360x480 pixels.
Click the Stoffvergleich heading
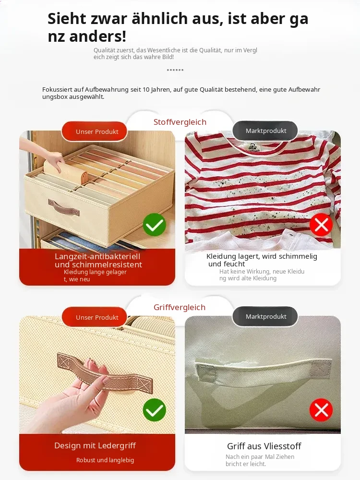(180, 122)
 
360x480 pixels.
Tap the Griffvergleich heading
(180, 307)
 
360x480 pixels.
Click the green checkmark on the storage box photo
(154, 225)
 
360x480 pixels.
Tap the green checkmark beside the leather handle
(154, 410)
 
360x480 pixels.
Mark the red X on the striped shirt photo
(321, 225)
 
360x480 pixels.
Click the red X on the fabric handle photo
(321, 410)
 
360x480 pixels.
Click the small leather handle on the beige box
(64, 207)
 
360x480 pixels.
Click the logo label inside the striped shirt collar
(252, 147)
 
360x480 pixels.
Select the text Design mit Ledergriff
(95, 446)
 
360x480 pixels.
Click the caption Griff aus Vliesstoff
(264, 446)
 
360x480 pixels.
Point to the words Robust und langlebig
(105, 460)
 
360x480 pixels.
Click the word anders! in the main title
(97, 36)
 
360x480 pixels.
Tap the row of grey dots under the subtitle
(175, 70)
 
